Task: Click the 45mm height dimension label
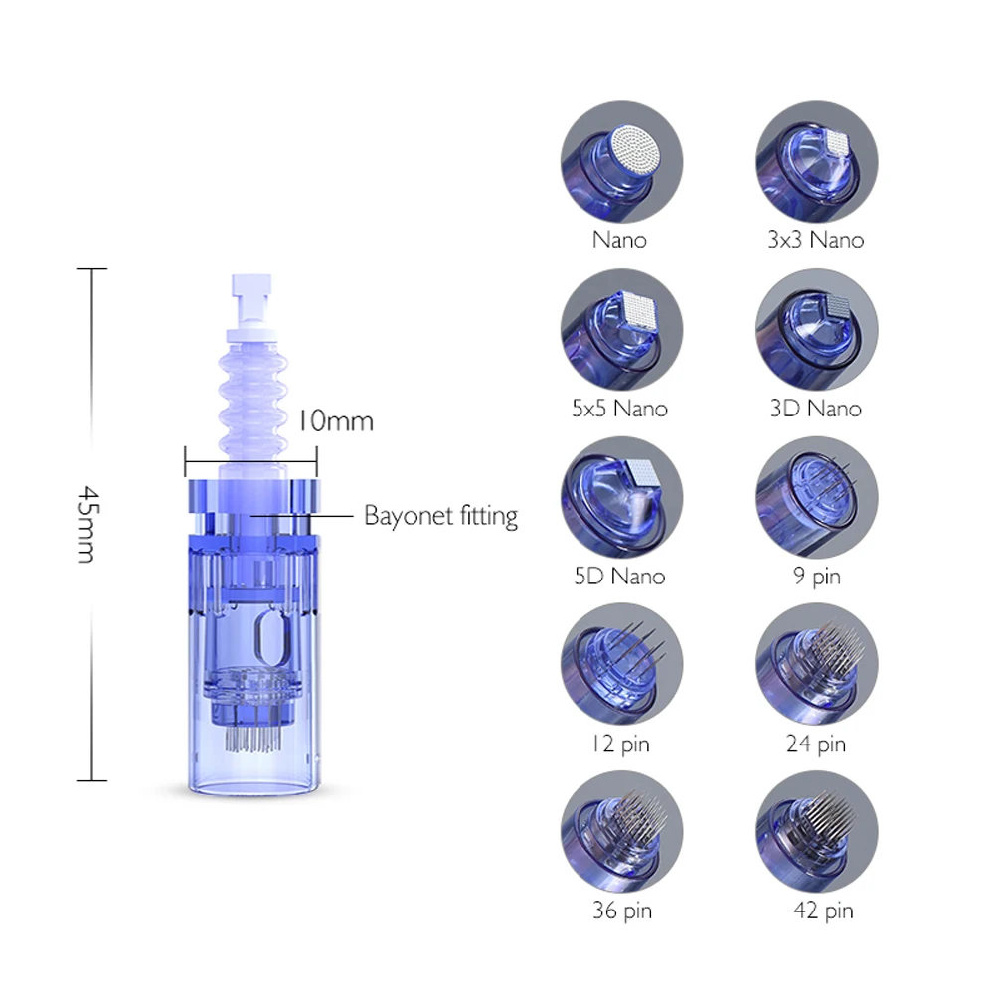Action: pyautogui.click(x=87, y=524)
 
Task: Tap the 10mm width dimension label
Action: pyautogui.click(x=335, y=420)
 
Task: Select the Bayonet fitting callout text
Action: pyautogui.click(x=440, y=516)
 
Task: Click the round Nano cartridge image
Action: pyautogui.click(x=621, y=162)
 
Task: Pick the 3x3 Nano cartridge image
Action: pyautogui.click(x=816, y=162)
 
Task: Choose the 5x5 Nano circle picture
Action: pyautogui.click(x=621, y=330)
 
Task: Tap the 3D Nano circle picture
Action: pyautogui.click(x=816, y=330)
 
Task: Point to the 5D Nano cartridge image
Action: pyautogui.click(x=621, y=498)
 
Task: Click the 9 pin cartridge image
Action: pyautogui.click(x=816, y=498)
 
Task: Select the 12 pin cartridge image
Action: pyautogui.click(x=621, y=664)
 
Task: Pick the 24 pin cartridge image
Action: pyautogui.click(x=816, y=664)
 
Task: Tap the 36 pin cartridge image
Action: pyautogui.click(x=621, y=832)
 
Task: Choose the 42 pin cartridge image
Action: pyautogui.click(x=816, y=832)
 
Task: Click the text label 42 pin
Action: pyautogui.click(x=823, y=911)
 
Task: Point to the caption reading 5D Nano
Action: pyautogui.click(x=619, y=577)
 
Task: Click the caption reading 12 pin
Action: pyautogui.click(x=620, y=745)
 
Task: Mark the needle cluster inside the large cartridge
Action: pyautogui.click(x=252, y=738)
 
